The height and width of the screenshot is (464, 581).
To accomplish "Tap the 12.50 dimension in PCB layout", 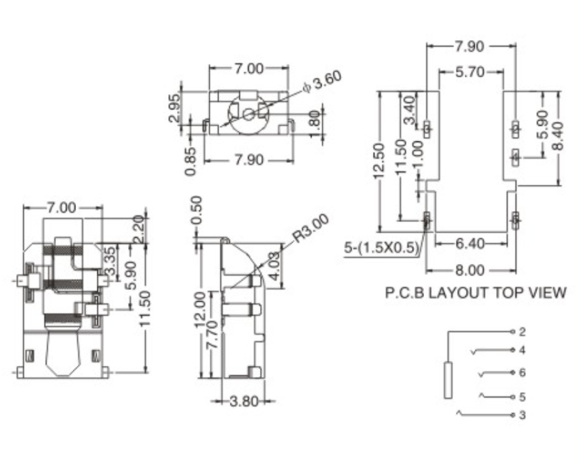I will [378, 161].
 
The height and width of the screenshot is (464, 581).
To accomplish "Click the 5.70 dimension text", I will [470, 72].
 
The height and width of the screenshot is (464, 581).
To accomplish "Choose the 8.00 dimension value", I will [471, 270].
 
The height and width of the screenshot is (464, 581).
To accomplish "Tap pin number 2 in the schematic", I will [523, 331].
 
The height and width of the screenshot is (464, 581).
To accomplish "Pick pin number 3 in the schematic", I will [523, 416].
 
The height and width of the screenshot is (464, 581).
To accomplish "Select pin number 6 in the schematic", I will [523, 373].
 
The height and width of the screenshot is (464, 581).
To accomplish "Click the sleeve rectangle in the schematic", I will [448, 380].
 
